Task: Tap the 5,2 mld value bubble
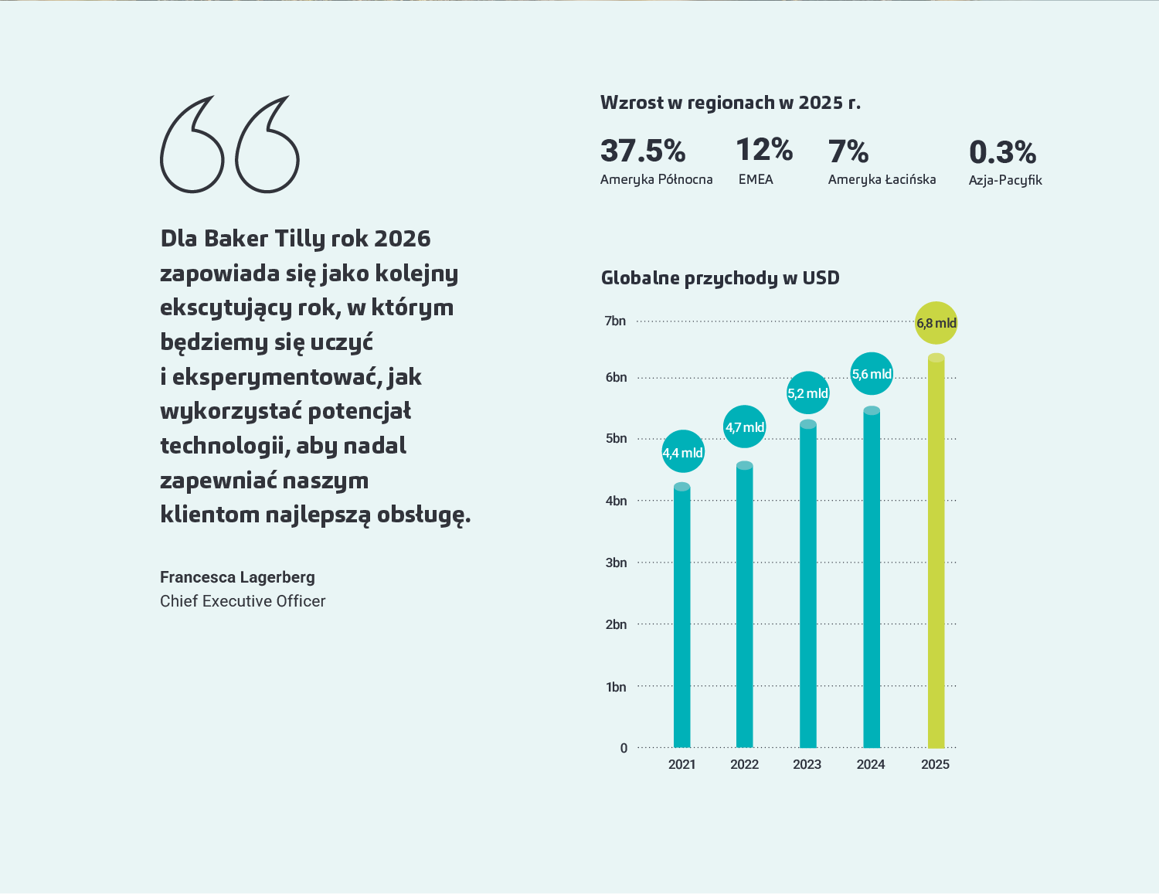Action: tap(807, 393)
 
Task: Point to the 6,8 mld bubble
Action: tap(936, 323)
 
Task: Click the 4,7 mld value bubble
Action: tap(745, 427)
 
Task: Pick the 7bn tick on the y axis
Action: tap(615, 321)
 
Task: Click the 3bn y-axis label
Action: tap(616, 563)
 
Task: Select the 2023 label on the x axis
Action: tap(807, 764)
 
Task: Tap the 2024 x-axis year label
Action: tap(871, 764)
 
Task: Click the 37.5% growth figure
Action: tap(643, 151)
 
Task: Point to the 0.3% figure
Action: tap(1002, 152)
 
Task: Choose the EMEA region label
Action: tap(756, 179)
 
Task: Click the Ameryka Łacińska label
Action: tap(882, 179)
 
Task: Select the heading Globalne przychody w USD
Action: tap(720, 278)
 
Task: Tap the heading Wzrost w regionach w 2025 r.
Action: tap(730, 103)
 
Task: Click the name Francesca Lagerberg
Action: tap(237, 577)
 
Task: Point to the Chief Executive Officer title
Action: tap(243, 601)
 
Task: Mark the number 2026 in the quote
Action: tap(402, 239)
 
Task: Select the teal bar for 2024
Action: tap(872, 580)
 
